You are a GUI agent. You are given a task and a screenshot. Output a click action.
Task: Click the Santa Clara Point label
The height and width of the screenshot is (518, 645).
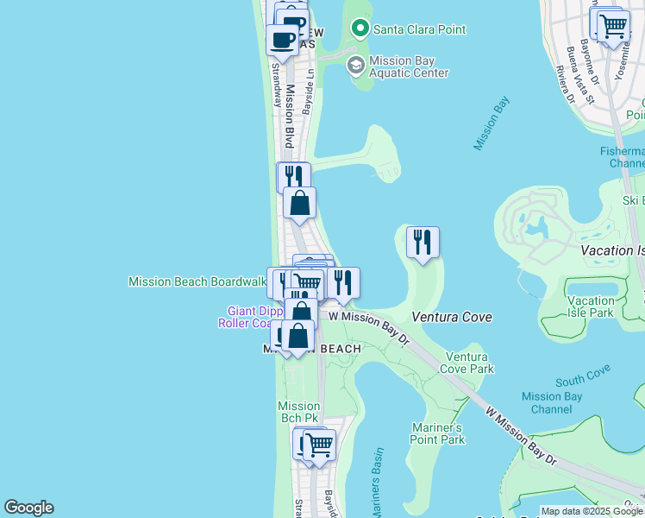point(419,29)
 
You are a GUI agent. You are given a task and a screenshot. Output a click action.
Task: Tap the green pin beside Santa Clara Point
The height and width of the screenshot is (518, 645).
point(360,29)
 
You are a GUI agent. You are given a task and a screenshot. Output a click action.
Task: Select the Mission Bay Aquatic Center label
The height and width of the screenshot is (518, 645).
point(409,67)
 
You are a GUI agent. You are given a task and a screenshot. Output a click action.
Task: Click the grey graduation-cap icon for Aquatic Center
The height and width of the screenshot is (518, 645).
point(355,66)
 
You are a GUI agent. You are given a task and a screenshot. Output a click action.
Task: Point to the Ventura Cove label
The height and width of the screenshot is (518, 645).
point(452,317)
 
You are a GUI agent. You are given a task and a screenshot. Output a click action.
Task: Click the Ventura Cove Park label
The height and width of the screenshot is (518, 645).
point(469,363)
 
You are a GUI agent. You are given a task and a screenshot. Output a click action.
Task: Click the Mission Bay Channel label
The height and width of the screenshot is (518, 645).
point(552,403)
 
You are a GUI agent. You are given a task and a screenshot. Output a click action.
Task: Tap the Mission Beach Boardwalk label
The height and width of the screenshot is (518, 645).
point(197,281)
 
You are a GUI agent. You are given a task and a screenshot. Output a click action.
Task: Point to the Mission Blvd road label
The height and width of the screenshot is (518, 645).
point(291,117)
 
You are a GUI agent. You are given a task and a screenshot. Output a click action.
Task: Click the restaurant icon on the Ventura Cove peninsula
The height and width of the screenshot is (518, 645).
point(423,242)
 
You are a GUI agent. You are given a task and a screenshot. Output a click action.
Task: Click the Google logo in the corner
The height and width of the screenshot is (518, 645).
point(28,508)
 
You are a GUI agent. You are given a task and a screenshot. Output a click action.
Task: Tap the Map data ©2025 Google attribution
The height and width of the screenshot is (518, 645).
point(592,512)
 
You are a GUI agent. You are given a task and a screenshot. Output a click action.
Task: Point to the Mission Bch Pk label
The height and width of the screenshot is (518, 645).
point(299,413)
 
